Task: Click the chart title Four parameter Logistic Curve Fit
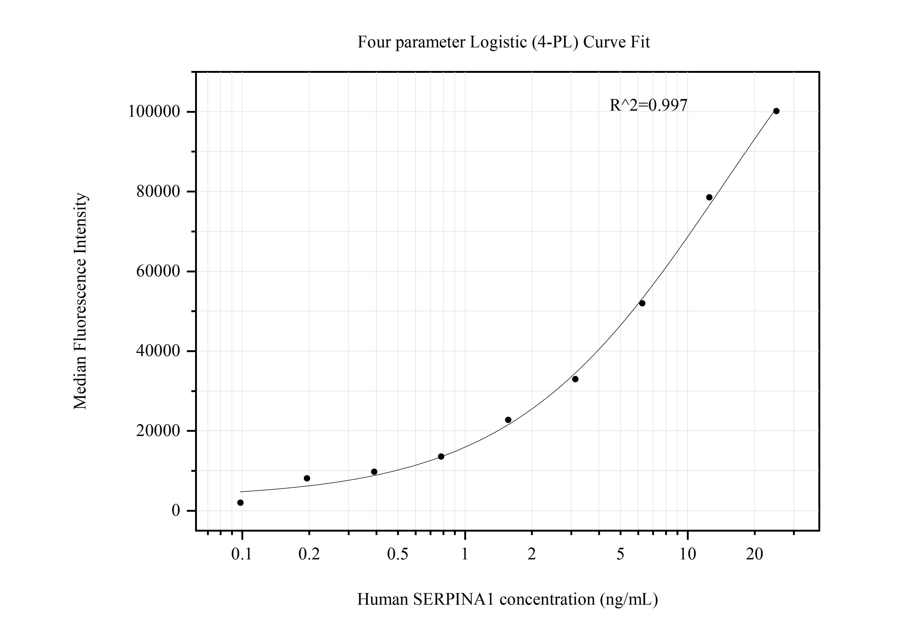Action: point(503,42)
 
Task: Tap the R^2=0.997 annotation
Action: point(648,105)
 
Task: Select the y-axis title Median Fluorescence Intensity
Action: point(80,301)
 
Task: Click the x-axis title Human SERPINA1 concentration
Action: point(507,599)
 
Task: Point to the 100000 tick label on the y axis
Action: point(154,112)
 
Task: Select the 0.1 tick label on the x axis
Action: point(241,554)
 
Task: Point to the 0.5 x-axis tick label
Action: point(397,554)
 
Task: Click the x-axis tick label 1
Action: point(465,554)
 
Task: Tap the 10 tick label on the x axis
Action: point(687,554)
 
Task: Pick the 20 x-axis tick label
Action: point(755,554)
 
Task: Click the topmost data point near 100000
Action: point(776,111)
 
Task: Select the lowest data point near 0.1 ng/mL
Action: point(240,503)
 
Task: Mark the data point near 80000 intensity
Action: point(709,197)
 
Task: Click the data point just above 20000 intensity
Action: point(508,420)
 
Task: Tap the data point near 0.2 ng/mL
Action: point(307,478)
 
